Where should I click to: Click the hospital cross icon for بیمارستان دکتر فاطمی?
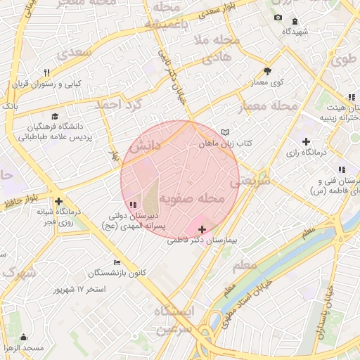tap(202, 229)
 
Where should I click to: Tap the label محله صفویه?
tap(192, 200)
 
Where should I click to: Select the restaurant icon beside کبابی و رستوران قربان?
tap(47, 72)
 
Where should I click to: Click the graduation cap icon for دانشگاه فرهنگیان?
tap(56, 117)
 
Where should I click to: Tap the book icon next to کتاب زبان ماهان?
tap(225, 132)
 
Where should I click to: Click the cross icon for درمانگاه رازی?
tap(305, 142)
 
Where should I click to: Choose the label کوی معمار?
tap(266, 82)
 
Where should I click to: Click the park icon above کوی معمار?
tap(267, 70)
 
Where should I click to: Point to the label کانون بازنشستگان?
tap(118, 272)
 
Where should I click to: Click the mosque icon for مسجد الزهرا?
tap(24, 337)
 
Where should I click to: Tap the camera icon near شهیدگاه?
tap(278, 18)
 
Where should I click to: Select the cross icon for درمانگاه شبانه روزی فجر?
tap(60, 200)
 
